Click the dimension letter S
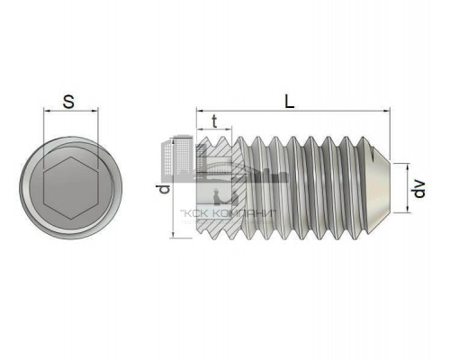68,102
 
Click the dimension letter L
290,102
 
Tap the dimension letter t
214,121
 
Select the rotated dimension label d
164,189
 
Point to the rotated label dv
419,189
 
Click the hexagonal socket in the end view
71,188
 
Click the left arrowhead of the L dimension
200,111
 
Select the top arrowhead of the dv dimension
408,167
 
